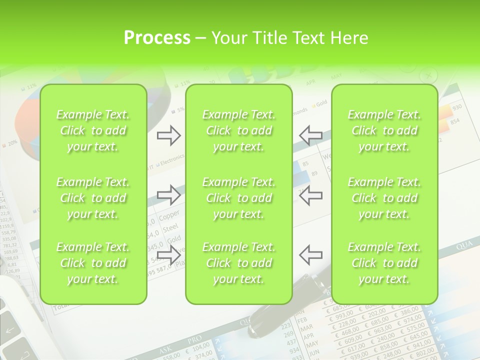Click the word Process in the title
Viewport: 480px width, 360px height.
pos(157,38)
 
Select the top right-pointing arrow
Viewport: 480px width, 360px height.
pos(168,135)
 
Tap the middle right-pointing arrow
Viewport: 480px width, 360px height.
pos(168,195)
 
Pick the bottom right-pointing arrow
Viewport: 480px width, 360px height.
pos(168,255)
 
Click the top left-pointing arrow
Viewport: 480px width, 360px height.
pos(310,135)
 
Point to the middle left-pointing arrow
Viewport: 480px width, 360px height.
pos(310,195)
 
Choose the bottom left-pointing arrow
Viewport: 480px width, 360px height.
pos(310,255)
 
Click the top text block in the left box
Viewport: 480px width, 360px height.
pos(93,131)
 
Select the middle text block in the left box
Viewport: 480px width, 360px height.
pos(93,198)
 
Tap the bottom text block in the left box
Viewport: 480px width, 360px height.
pos(93,263)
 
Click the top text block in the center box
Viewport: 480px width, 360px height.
pos(238,131)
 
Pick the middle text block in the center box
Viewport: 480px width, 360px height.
pos(238,198)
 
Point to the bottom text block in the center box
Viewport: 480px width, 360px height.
pos(238,263)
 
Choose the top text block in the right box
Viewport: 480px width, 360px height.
pos(384,131)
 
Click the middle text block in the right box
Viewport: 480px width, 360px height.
pos(384,198)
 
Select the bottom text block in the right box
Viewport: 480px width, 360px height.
pos(384,263)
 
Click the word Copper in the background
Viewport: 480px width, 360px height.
pos(169,217)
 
